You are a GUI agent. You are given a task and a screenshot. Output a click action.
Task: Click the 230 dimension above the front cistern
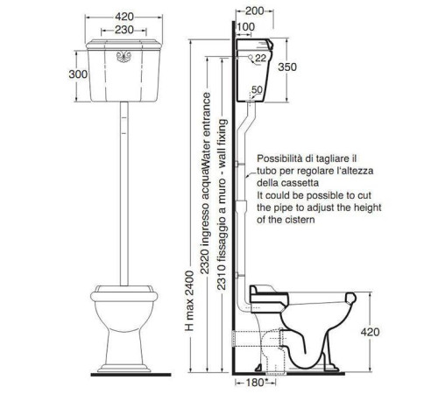click(124, 30)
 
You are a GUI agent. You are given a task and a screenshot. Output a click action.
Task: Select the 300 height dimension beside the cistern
click(78, 74)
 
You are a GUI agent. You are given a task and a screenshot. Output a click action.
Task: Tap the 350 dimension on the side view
click(287, 67)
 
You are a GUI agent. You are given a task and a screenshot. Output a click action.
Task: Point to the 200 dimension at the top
click(255, 11)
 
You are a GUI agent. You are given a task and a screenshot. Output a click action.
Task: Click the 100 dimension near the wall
click(245, 27)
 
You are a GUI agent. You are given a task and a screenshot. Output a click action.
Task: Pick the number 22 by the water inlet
click(260, 58)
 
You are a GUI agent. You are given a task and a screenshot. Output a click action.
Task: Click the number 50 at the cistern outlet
click(257, 89)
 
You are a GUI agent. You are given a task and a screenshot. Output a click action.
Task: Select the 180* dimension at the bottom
click(256, 383)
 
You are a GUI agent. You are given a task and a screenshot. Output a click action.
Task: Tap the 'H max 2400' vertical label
click(189, 301)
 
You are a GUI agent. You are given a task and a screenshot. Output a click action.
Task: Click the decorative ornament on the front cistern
click(124, 57)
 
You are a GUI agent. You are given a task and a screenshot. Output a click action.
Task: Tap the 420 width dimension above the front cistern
click(124, 17)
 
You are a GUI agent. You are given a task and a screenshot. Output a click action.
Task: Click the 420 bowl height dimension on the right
click(370, 332)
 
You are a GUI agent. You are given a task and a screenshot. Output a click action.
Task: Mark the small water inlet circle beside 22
click(251, 57)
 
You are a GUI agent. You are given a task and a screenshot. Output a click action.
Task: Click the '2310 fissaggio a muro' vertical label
click(222, 204)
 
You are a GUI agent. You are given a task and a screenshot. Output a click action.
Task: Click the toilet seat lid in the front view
click(124, 289)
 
